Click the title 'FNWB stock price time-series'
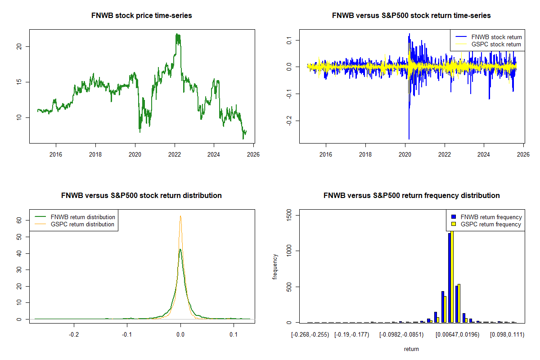click(x=142, y=16)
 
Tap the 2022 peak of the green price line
click(x=178, y=34)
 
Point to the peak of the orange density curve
click(x=180, y=216)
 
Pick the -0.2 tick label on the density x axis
click(x=74, y=335)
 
